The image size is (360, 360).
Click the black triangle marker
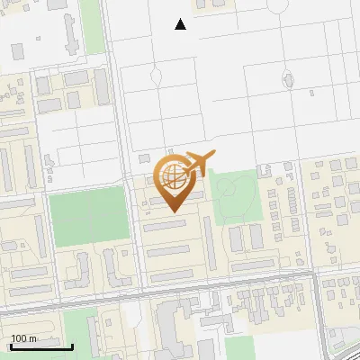pos(181,24)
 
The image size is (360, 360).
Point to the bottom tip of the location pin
pos(173,211)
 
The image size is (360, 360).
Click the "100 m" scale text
pos(23,338)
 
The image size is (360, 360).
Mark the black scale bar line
pos(41,346)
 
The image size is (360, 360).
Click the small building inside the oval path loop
pos(288,79)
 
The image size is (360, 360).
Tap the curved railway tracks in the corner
pos(346,342)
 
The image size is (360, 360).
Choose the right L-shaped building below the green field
pos(112,266)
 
